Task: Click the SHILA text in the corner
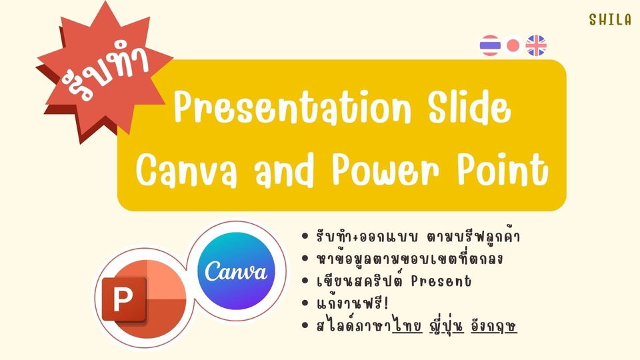tap(610, 19)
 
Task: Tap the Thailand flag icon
tap(490, 45)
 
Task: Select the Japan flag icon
tap(513, 46)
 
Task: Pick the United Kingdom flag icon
tap(536, 45)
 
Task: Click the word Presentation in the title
tap(292, 107)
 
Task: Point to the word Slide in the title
tap(469, 107)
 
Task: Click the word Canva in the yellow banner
tap(187, 170)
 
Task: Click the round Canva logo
tap(236, 271)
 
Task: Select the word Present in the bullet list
tap(441, 281)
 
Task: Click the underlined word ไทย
tap(407, 326)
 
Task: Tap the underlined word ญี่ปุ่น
tap(447, 326)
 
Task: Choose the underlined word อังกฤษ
tap(494, 326)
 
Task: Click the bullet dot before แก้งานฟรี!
tap(305, 303)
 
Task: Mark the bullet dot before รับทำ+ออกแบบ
tap(305, 236)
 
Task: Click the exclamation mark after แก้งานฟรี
tap(386, 303)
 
